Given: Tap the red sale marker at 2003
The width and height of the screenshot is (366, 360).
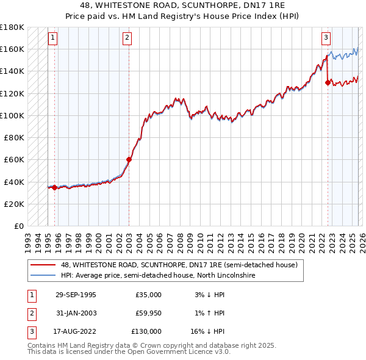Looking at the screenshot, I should [129, 160].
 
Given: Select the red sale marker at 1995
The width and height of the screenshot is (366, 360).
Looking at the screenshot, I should [54, 187].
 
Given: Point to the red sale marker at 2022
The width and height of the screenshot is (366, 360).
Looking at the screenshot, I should [328, 83].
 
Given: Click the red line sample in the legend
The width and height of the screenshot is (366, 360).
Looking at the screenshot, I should [43, 265].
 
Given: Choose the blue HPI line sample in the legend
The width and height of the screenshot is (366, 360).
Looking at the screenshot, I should [43, 276].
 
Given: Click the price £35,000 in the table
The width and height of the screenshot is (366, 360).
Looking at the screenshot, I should [148, 295].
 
